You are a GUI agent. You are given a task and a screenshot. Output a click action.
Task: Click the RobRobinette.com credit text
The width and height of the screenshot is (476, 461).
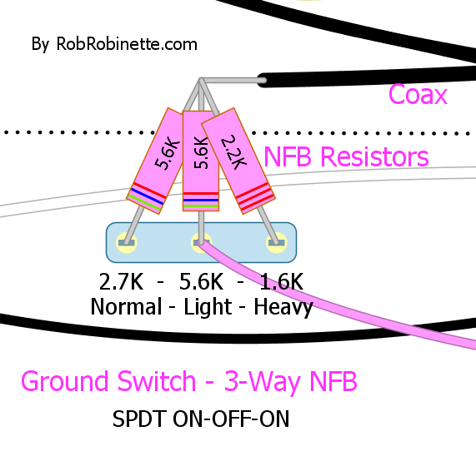click(x=114, y=44)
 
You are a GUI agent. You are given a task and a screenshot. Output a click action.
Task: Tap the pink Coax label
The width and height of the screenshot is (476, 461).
click(x=418, y=94)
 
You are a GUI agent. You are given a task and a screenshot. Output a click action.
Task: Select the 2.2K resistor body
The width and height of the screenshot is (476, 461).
click(x=238, y=161)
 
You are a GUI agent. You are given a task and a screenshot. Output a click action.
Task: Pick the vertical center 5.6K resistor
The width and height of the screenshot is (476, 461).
click(x=201, y=161)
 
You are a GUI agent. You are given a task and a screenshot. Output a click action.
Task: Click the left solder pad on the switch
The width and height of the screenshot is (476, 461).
click(x=126, y=242)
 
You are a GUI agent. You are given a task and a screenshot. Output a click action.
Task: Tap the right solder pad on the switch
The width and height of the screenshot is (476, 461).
click(x=276, y=242)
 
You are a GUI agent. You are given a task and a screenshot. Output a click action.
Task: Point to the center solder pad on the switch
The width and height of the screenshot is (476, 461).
click(x=201, y=242)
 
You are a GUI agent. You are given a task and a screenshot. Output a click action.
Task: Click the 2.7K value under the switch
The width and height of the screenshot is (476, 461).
click(x=121, y=281)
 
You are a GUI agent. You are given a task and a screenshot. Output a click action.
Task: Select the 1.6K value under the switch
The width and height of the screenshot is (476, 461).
click(x=282, y=281)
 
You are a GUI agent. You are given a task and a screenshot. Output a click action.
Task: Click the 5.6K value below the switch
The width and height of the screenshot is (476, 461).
click(x=201, y=281)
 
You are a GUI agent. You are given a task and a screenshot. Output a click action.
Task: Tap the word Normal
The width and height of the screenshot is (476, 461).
click(x=126, y=306)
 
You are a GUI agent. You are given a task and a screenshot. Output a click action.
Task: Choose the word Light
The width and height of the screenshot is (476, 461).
click(x=208, y=308)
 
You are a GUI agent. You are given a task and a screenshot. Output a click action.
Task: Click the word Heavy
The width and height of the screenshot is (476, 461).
click(x=283, y=308)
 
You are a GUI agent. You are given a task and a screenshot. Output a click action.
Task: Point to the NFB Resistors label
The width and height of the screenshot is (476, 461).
click(x=346, y=156)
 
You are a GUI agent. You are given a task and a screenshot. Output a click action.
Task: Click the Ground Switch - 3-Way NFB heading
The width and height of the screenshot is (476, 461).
click(x=189, y=382)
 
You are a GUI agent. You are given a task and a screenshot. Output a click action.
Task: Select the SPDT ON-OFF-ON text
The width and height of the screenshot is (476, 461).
click(x=201, y=419)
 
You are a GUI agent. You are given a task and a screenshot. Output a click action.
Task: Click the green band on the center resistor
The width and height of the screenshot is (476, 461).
click(x=201, y=206)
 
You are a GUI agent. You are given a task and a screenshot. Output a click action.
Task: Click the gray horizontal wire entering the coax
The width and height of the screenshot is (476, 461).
click(x=233, y=81)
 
